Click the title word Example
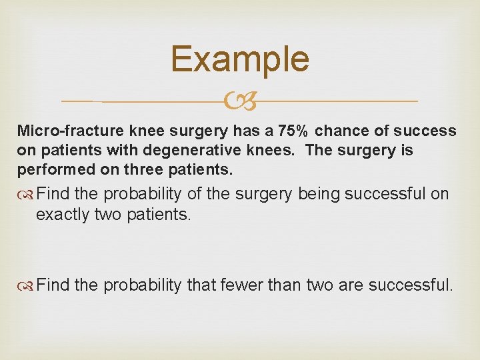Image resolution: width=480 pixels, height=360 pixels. pyautogui.click(x=240, y=59)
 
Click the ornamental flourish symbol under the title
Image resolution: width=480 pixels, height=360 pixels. pyautogui.click(x=239, y=101)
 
